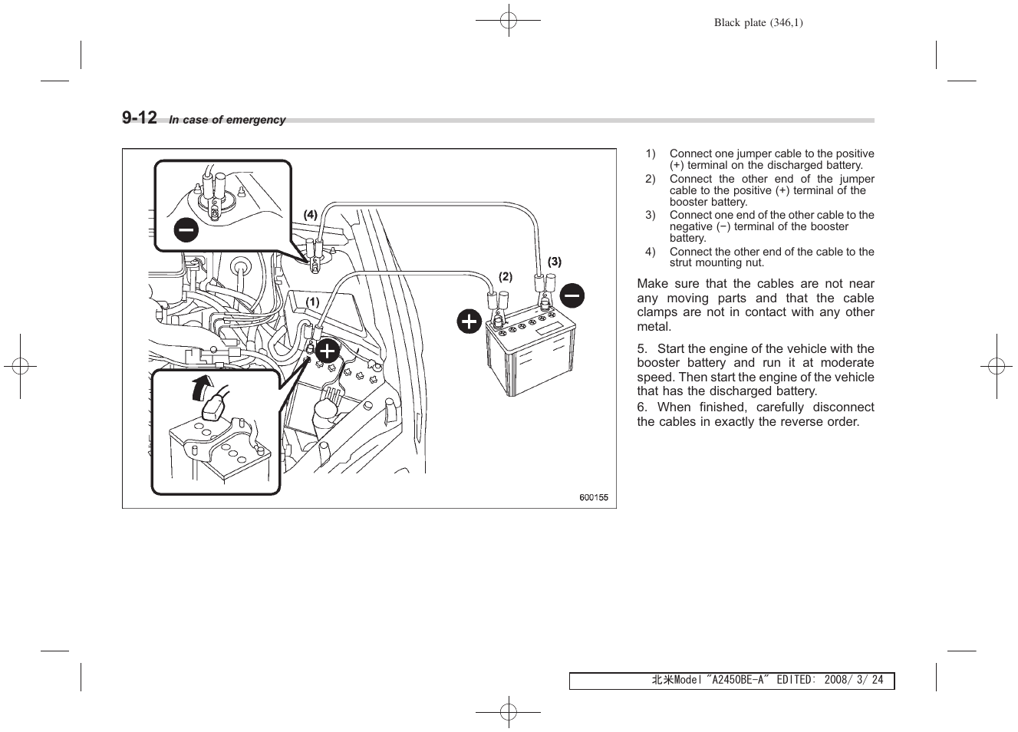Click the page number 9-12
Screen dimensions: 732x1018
pyautogui.click(x=139, y=117)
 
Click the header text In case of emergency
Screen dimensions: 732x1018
pyautogui.click(x=227, y=120)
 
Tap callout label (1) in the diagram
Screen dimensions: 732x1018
pyautogui.click(x=313, y=302)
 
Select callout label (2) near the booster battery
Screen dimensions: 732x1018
pyautogui.click(x=506, y=276)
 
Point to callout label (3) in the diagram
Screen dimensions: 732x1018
pyautogui.click(x=554, y=262)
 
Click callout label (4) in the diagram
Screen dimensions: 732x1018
pyautogui.click(x=310, y=215)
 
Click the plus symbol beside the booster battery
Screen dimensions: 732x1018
pyautogui.click(x=469, y=321)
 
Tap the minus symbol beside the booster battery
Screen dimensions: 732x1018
pyautogui.click(x=572, y=295)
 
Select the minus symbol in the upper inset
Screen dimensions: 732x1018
pyautogui.click(x=186, y=229)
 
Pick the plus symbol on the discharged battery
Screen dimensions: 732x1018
pyautogui.click(x=327, y=351)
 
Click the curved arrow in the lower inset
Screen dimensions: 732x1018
pyautogui.click(x=202, y=387)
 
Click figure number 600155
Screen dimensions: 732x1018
pyautogui.click(x=593, y=497)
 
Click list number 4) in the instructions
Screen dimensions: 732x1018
pyautogui.click(x=650, y=252)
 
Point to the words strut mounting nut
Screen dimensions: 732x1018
pyautogui.click(x=717, y=262)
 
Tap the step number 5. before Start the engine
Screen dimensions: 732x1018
pyautogui.click(x=642, y=348)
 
